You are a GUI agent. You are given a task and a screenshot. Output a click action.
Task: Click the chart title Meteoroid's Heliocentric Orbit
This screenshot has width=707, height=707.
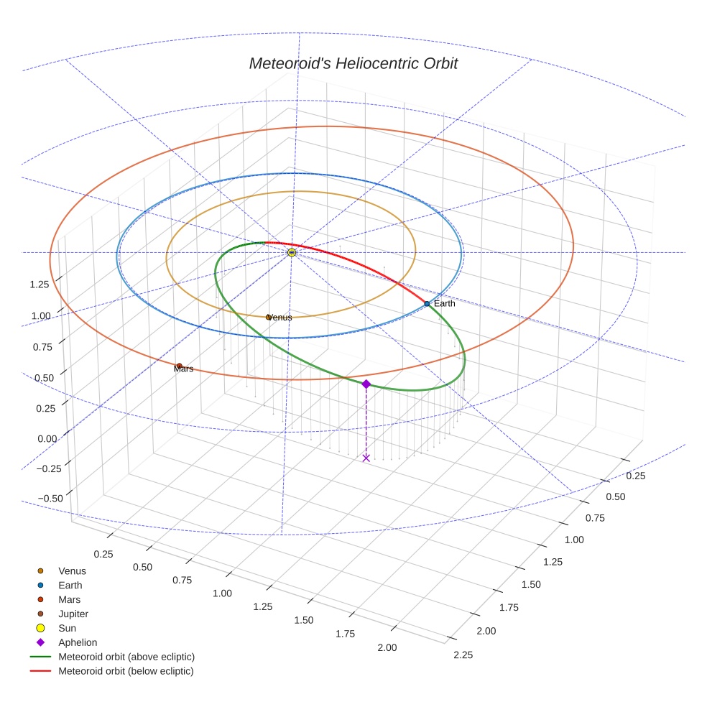click(353, 63)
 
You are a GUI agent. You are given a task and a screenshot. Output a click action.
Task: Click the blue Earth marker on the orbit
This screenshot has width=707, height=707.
click(427, 304)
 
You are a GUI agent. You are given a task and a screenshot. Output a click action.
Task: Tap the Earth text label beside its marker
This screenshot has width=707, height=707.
click(444, 304)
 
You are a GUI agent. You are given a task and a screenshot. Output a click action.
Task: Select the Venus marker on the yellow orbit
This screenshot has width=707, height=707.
click(269, 317)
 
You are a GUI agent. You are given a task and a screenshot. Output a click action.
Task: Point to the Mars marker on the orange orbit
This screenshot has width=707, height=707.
click(179, 366)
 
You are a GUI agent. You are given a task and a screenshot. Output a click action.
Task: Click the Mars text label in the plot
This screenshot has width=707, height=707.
click(183, 369)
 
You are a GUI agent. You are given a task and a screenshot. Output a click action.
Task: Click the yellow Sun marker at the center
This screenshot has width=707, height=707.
click(292, 253)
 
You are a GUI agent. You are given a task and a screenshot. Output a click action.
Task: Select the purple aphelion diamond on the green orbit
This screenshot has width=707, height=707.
click(366, 384)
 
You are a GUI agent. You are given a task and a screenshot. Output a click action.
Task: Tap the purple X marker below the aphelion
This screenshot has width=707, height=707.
click(366, 458)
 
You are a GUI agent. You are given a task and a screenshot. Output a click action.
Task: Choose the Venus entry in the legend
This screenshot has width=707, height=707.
click(72, 571)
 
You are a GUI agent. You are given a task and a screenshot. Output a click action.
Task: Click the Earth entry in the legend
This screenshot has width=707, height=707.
click(70, 586)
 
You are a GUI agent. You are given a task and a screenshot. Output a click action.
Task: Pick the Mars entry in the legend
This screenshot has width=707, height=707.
click(69, 600)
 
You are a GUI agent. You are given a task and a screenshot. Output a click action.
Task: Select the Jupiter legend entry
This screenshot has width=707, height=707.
click(73, 614)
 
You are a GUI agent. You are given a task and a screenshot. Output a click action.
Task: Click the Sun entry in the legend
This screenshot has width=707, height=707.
click(67, 629)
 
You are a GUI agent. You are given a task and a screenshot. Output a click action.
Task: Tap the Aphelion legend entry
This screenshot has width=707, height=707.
click(77, 643)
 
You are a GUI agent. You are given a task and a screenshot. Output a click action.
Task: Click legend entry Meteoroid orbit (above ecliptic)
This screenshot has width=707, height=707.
click(126, 657)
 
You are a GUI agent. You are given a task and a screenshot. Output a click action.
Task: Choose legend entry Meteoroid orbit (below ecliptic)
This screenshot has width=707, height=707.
click(126, 671)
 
